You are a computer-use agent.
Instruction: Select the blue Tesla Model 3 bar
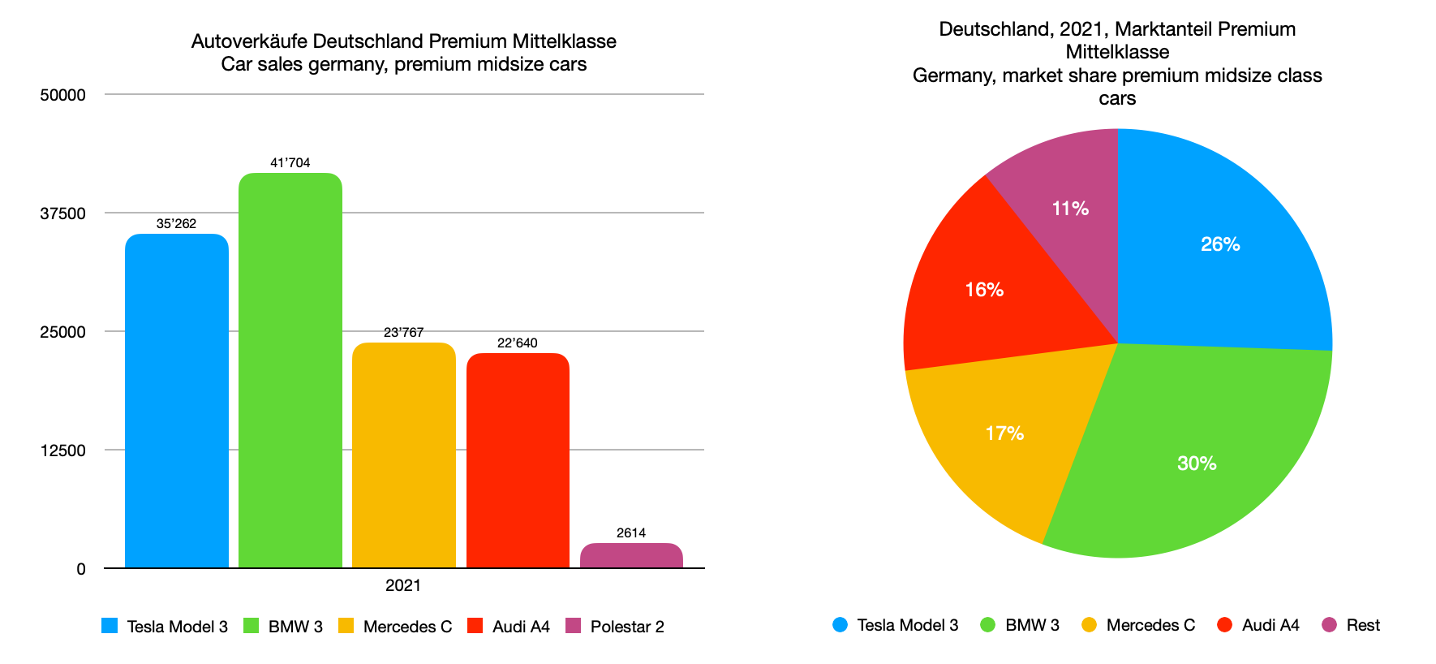[176, 401]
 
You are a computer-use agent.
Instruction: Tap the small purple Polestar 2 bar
[631, 555]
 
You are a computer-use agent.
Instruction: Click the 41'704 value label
[290, 163]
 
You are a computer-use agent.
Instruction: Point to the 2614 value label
[631, 533]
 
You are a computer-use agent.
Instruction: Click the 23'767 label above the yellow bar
[403, 333]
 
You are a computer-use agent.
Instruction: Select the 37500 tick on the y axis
[62, 213]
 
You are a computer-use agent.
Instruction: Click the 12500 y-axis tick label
[62, 451]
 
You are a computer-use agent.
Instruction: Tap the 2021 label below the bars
[403, 585]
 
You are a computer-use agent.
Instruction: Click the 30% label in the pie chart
[1197, 464]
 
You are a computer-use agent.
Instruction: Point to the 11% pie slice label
[1070, 209]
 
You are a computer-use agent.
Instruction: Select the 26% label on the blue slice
[1220, 244]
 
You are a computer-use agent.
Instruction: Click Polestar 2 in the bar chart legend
[626, 627]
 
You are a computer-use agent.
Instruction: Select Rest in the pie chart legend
[1362, 625]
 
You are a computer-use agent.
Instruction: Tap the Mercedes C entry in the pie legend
[1150, 625]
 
